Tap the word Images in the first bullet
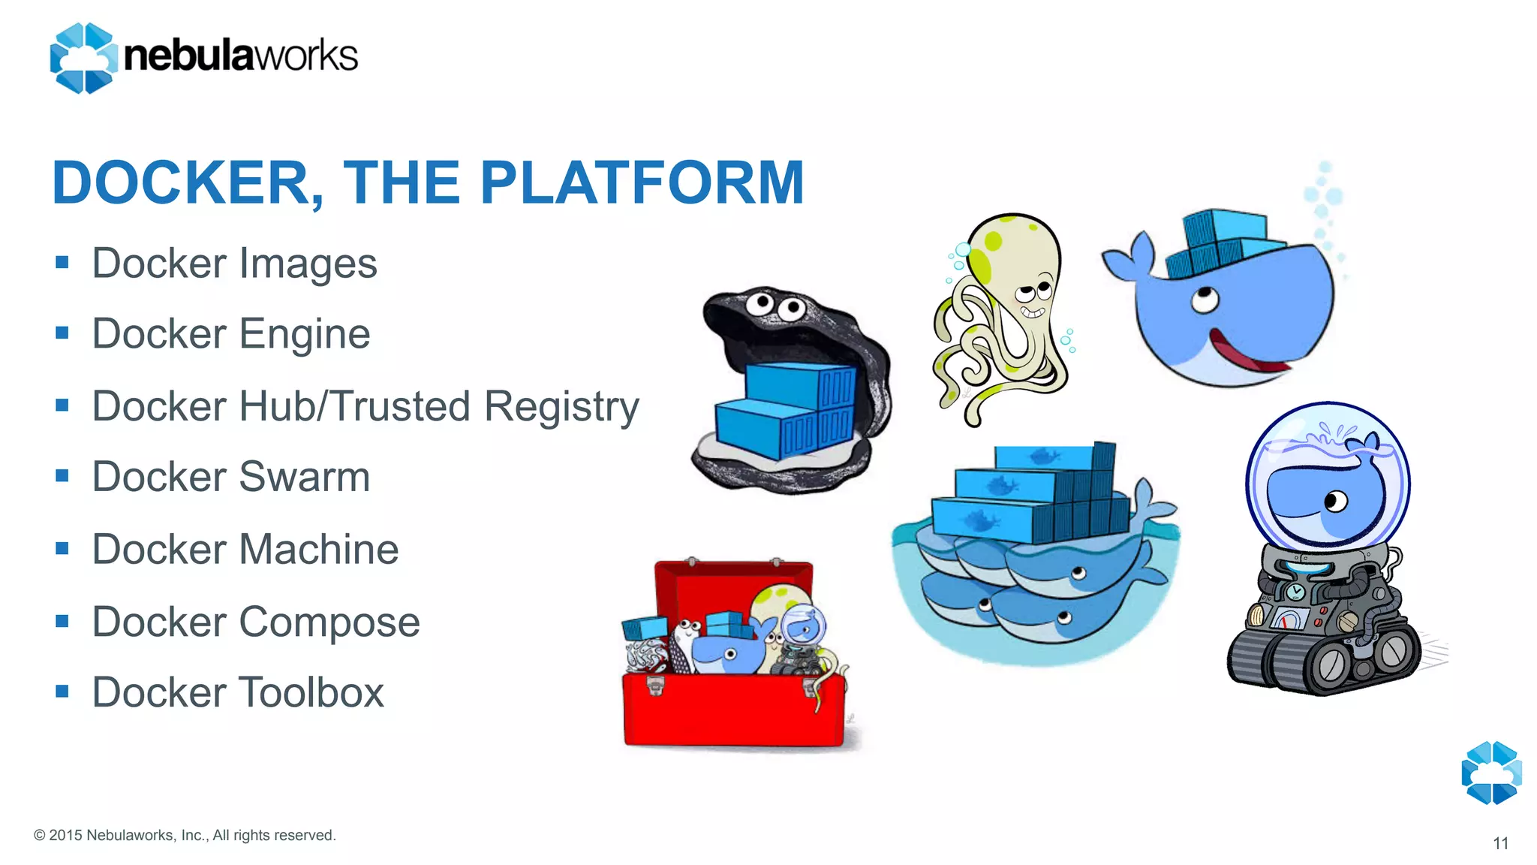309,264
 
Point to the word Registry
561,407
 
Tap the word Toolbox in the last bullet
311,692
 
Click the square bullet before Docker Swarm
62,476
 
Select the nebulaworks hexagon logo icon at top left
83,58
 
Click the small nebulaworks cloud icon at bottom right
1491,773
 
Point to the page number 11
1500,843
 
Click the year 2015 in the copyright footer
65,835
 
